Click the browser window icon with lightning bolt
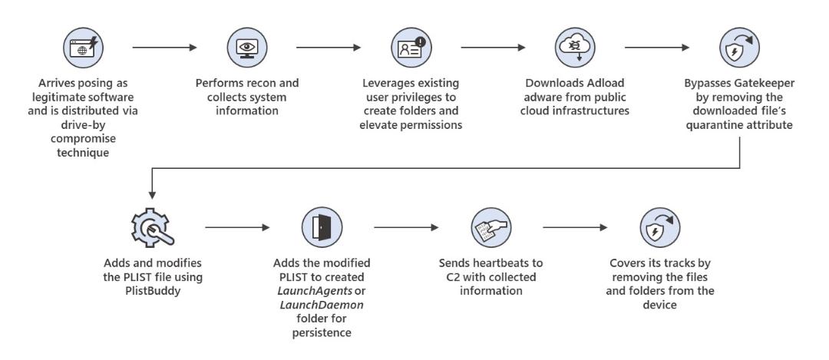(83, 48)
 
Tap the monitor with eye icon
(247, 48)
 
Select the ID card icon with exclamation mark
(411, 48)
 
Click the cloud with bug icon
(575, 48)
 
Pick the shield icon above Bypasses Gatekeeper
(740, 48)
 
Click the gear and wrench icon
(152, 228)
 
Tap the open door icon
(322, 227)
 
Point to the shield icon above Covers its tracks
(660, 227)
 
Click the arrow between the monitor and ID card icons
(329, 48)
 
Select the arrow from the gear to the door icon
(237, 228)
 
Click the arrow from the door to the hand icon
(406, 228)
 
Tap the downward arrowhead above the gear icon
(152, 195)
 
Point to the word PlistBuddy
(153, 291)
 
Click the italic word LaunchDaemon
(321, 305)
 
